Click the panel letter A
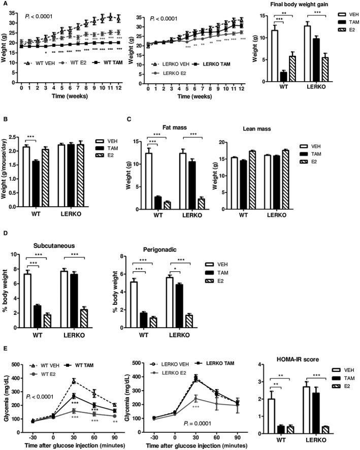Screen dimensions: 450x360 [x=4, y=4]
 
